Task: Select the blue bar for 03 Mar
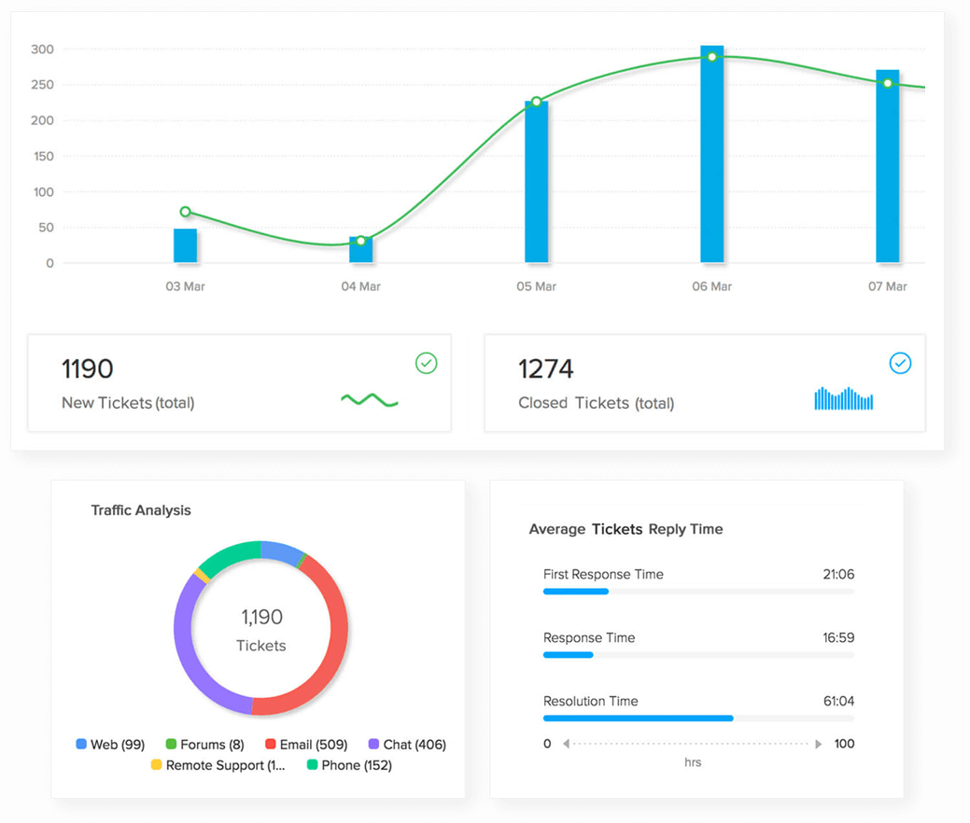(186, 245)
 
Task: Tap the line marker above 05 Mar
(537, 102)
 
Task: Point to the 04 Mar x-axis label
(360, 286)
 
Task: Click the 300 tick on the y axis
(42, 49)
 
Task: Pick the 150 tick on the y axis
(42, 157)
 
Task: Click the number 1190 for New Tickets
(87, 370)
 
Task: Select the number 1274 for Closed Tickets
(546, 370)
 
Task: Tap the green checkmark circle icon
(426, 363)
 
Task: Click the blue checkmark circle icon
(900, 363)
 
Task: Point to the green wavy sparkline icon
(370, 400)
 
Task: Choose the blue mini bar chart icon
(843, 399)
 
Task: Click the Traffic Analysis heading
(141, 510)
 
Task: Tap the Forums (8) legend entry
(204, 745)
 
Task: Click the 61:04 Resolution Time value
(838, 702)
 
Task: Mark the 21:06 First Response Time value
(838, 575)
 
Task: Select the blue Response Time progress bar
(568, 655)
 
